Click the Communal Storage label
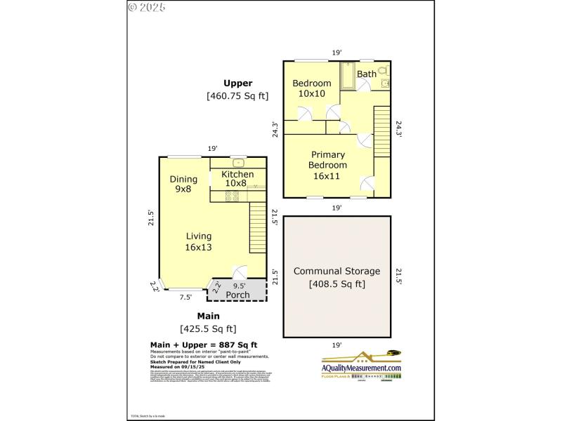pyautogui.click(x=336, y=271)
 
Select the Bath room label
pyautogui.click(x=367, y=74)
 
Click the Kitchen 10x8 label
pyautogui.click(x=237, y=178)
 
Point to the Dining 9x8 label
pyautogui.click(x=183, y=184)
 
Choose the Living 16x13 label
pyautogui.click(x=198, y=241)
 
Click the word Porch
pyautogui.click(x=237, y=295)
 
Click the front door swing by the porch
pyautogui.click(x=240, y=272)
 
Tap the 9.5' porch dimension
pyautogui.click(x=239, y=286)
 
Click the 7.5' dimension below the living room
pyautogui.click(x=185, y=298)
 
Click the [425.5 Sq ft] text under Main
pyautogui.click(x=208, y=328)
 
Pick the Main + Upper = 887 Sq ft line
pyautogui.click(x=204, y=345)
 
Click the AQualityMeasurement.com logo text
pyautogui.click(x=361, y=368)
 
